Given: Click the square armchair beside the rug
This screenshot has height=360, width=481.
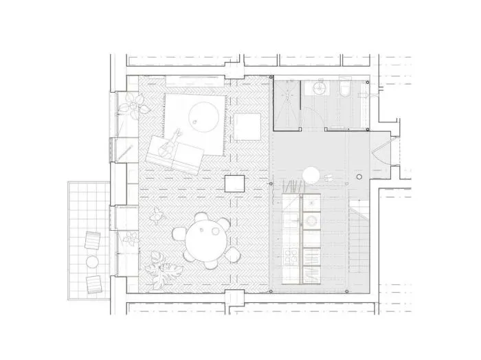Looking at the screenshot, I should click(246, 127).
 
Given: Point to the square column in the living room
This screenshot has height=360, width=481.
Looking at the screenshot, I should click(234, 183).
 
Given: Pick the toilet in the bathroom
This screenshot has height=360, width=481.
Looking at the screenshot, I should click(346, 89).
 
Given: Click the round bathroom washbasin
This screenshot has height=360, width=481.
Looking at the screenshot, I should click(318, 88).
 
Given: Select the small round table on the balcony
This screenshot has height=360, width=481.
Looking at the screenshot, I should click(92, 261).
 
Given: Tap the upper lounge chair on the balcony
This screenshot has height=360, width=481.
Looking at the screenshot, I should click(92, 241).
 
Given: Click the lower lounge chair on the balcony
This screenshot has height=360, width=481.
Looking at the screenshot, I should click(93, 282).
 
